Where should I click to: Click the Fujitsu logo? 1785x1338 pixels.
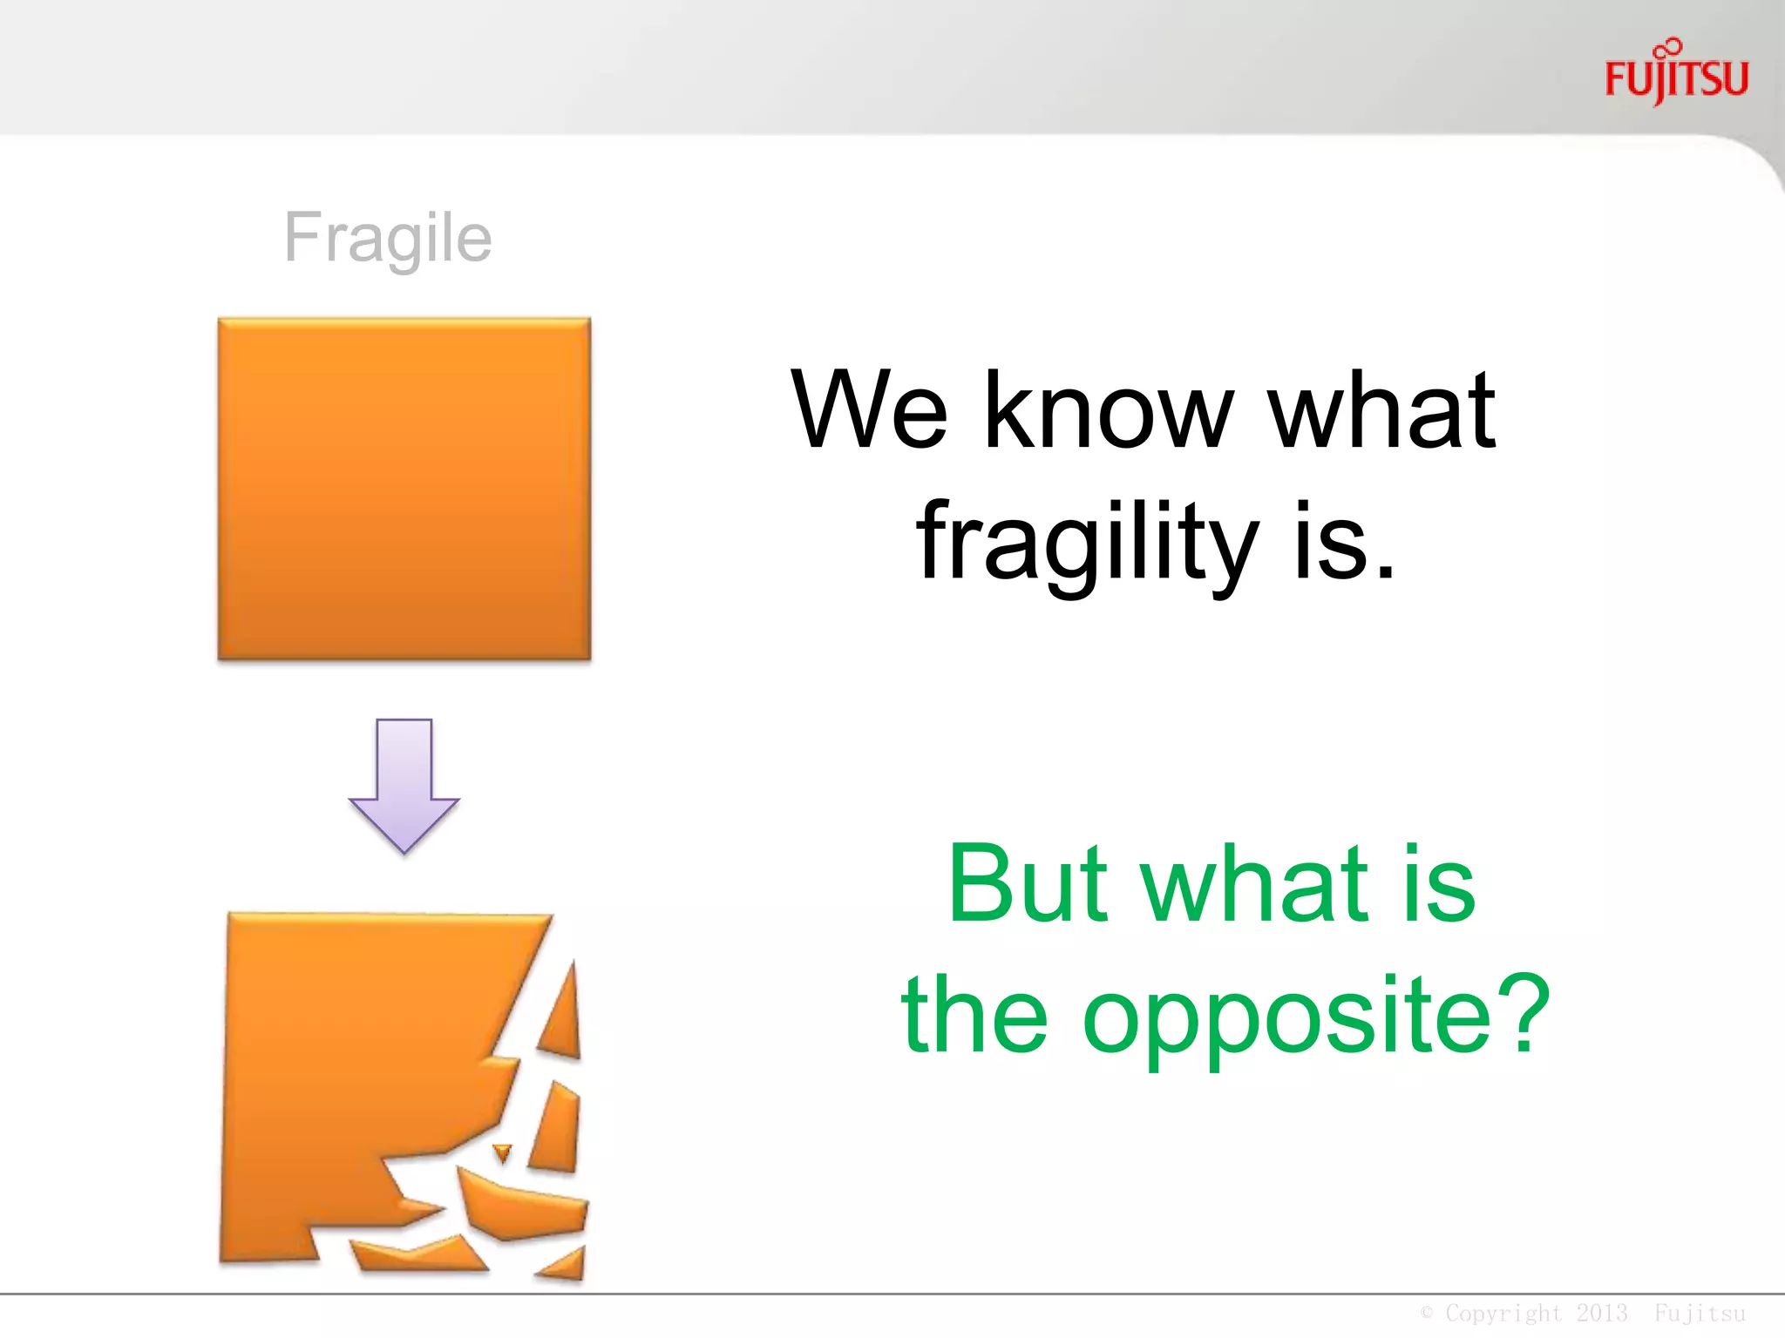(1676, 76)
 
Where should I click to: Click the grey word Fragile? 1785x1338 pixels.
(388, 237)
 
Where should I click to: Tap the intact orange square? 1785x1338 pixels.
(404, 488)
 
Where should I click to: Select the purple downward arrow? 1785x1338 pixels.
(404, 784)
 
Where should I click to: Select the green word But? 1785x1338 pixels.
(1029, 883)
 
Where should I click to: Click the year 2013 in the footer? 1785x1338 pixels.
(1602, 1313)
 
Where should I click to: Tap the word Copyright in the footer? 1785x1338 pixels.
(1503, 1313)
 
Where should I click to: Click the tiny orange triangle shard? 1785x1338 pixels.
(502, 1153)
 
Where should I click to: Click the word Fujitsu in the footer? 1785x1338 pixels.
(1700, 1313)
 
